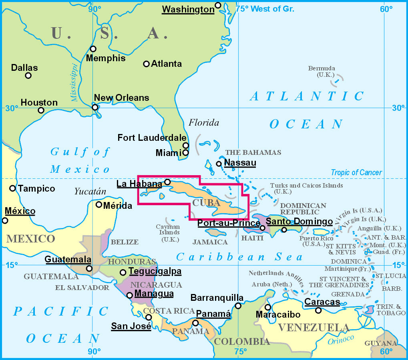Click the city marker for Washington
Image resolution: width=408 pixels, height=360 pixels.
(x=218, y=5)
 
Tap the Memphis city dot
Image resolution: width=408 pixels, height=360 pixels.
(x=93, y=49)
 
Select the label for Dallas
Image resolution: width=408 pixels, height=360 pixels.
(x=24, y=68)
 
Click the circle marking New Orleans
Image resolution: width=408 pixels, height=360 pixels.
(x=95, y=107)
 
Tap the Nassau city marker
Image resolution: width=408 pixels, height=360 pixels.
(x=219, y=164)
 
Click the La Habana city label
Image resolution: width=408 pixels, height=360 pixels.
(x=139, y=184)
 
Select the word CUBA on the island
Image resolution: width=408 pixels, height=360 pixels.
(x=206, y=202)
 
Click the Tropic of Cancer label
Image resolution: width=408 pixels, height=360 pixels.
(x=356, y=173)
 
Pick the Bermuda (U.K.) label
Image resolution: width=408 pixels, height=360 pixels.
(x=322, y=71)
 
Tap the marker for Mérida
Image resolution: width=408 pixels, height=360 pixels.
(x=99, y=204)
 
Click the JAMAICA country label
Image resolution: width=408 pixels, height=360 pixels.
(x=210, y=242)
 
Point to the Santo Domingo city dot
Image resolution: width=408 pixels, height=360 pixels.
(x=284, y=230)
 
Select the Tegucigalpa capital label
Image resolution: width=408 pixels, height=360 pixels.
(x=155, y=272)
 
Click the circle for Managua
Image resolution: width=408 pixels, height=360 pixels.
(x=129, y=295)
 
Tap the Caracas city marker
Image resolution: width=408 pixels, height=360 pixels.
(x=318, y=310)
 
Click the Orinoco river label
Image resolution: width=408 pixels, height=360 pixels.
(x=341, y=340)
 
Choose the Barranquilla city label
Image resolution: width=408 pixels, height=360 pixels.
(x=217, y=298)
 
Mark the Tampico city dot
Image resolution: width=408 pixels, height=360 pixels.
(x=12, y=188)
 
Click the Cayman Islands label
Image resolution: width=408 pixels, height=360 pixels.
(x=168, y=233)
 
